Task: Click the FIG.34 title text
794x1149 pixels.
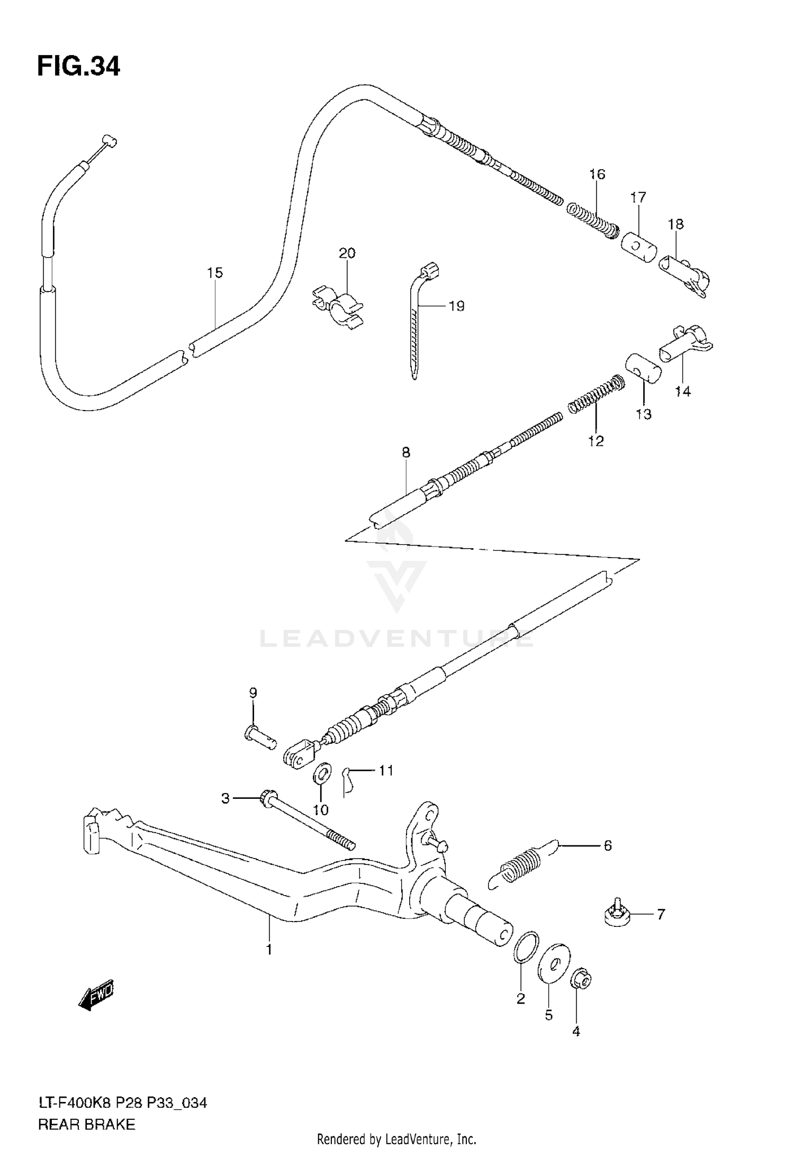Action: [x=78, y=67]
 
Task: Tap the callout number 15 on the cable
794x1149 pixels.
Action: [x=215, y=273]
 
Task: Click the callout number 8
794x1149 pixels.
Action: [x=406, y=453]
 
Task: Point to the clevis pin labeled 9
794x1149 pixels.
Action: [x=260, y=736]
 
